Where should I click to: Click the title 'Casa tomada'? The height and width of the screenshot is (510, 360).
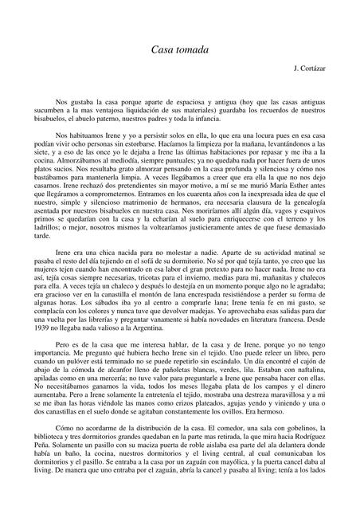pyautogui.click(x=180, y=49)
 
